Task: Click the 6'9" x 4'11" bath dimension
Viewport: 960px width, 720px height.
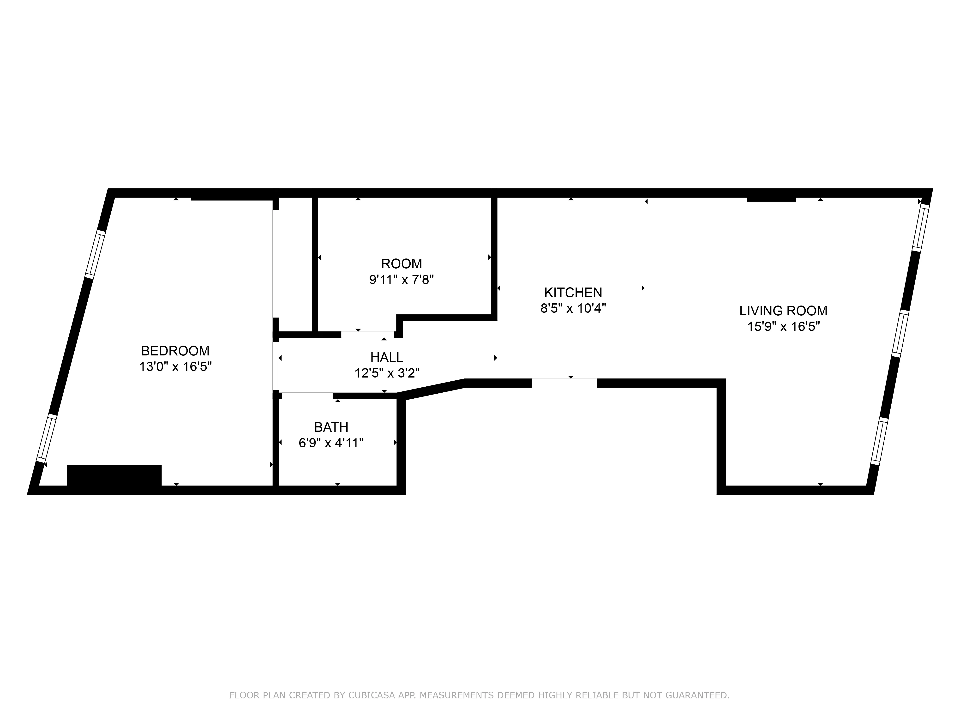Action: pyautogui.click(x=331, y=443)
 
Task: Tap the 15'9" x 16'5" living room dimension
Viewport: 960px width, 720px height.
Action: pyautogui.click(x=783, y=326)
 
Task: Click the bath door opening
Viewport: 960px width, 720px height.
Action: pyautogui.click(x=307, y=395)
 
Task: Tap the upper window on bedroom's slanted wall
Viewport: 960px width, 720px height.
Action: pyautogui.click(x=95, y=254)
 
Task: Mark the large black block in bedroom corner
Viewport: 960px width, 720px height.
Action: pyautogui.click(x=114, y=476)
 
